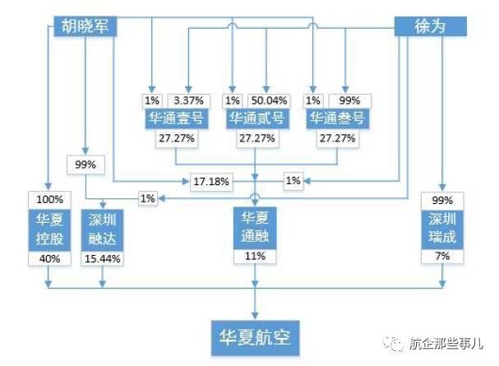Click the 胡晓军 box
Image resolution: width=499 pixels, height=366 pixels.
[x=85, y=26]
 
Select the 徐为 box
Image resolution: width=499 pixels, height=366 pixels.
[x=430, y=26]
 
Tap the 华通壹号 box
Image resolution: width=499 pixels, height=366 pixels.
[x=177, y=118]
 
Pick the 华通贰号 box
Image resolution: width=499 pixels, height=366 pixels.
[x=257, y=118]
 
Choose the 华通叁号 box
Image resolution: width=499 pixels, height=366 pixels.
[x=338, y=118]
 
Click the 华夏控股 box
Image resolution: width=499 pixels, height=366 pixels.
[x=49, y=230]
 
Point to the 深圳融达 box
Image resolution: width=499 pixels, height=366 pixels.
[x=102, y=230]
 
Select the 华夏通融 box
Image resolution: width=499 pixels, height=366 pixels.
[x=255, y=228]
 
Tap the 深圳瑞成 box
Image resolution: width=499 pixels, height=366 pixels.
[x=442, y=229]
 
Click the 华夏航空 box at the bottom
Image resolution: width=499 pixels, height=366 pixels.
[x=255, y=338]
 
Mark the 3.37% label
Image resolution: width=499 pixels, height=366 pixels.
[x=189, y=101]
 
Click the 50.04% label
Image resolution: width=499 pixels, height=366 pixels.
[x=269, y=101]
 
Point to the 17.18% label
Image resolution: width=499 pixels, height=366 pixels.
[x=211, y=182]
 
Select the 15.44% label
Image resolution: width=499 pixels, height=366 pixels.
[x=103, y=259]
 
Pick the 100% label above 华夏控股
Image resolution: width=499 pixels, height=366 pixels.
[x=49, y=200]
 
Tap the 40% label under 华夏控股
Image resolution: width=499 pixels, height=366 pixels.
[x=49, y=259]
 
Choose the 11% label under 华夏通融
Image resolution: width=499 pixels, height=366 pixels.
[x=255, y=257]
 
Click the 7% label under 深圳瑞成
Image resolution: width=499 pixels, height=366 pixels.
[x=442, y=257]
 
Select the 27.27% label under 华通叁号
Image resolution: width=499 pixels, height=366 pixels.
[x=338, y=138]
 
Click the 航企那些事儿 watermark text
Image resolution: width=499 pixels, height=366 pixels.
[x=446, y=344]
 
